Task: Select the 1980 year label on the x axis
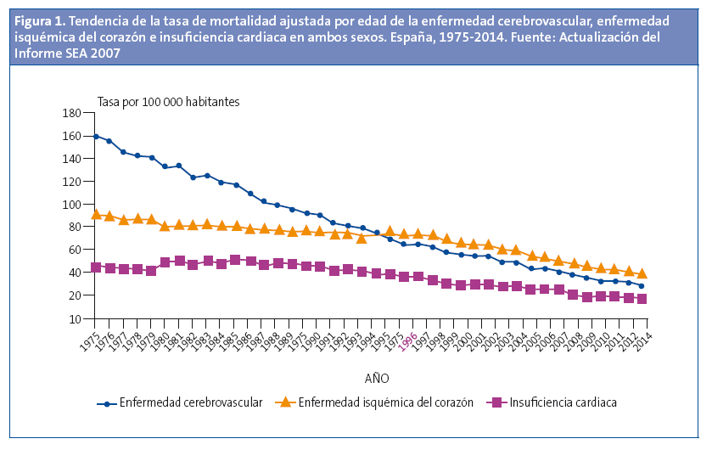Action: (160, 338)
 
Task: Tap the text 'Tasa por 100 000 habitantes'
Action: (168, 101)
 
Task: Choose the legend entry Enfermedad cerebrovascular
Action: (190, 402)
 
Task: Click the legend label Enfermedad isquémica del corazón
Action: (385, 402)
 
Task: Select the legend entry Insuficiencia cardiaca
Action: (563, 402)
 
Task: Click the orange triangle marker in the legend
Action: (284, 402)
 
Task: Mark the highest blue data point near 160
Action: (96, 136)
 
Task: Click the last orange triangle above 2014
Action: (642, 273)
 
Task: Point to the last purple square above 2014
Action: (642, 299)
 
